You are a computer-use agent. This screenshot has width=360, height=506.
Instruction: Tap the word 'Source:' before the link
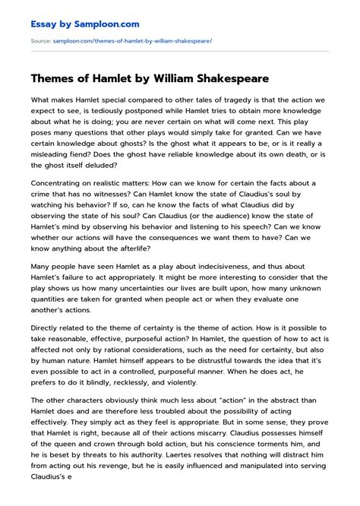click(40, 40)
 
